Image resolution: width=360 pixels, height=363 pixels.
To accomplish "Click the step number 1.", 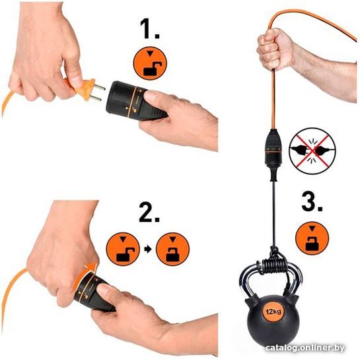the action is click(x=150, y=28).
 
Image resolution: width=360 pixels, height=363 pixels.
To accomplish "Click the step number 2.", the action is click(x=149, y=212).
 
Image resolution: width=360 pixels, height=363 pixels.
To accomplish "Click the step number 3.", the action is click(x=312, y=201).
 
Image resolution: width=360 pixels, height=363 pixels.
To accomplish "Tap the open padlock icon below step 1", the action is click(x=150, y=63).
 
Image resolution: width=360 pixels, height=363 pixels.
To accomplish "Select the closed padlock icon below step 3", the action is click(x=312, y=238).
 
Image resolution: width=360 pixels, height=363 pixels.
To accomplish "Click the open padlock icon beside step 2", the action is click(x=123, y=249).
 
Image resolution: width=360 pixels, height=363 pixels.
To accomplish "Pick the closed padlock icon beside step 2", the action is click(x=172, y=249).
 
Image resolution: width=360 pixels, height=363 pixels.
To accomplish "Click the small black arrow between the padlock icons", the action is click(x=148, y=249).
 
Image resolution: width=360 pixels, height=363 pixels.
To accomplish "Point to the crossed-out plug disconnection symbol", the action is click(x=312, y=151).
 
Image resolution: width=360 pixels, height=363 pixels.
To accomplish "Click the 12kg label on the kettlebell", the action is click(x=273, y=312).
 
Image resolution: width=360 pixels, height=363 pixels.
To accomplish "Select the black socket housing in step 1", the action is click(x=134, y=101).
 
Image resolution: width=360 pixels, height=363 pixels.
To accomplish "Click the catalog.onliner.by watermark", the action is click(x=305, y=347).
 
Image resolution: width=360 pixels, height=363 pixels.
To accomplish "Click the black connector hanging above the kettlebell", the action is click(x=273, y=154).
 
